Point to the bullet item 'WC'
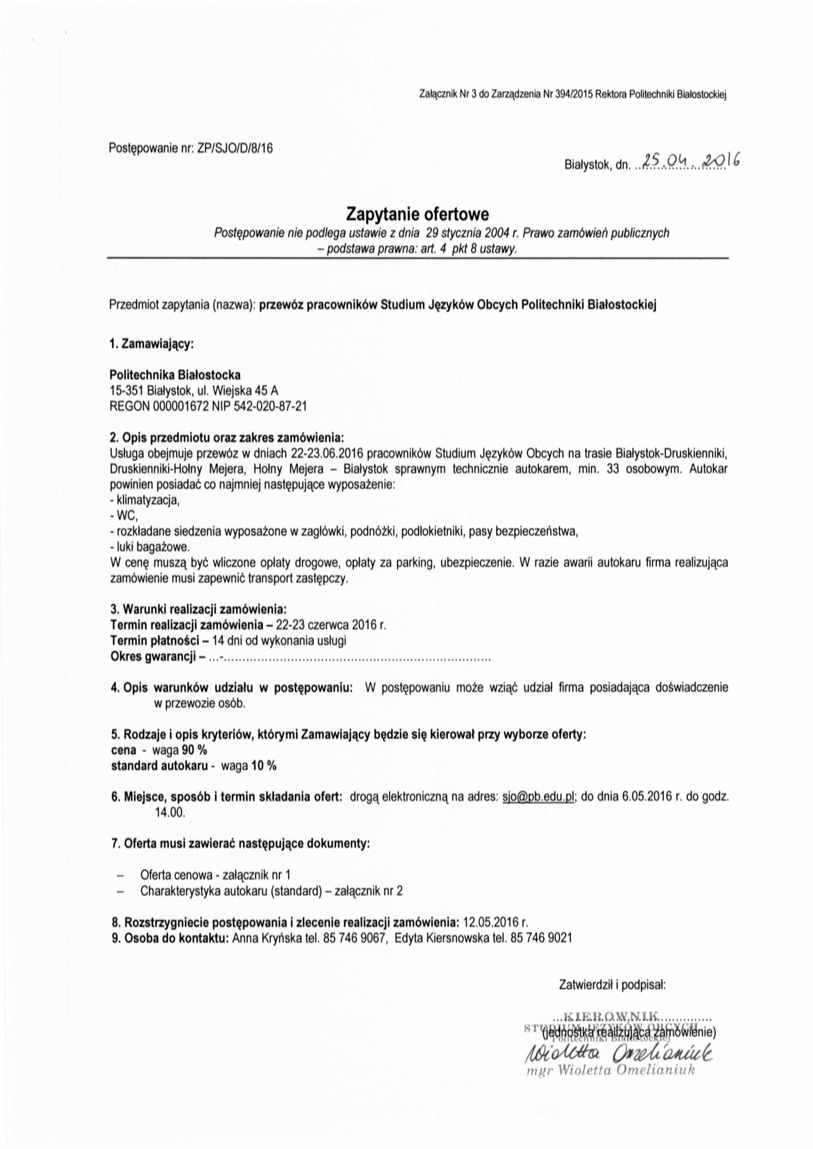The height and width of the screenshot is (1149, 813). [128, 515]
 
